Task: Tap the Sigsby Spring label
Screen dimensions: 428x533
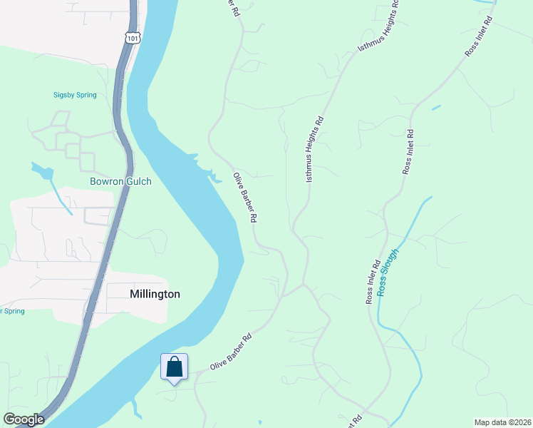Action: point(75,95)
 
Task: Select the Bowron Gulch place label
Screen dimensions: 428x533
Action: point(120,181)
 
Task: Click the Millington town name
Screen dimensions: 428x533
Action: point(155,294)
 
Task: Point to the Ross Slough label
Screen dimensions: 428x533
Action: point(390,272)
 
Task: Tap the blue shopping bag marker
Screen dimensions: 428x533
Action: point(174,368)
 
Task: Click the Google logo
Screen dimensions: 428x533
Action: point(24,419)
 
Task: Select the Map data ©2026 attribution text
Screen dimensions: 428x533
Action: point(502,422)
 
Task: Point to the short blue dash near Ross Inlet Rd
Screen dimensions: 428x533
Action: point(436,108)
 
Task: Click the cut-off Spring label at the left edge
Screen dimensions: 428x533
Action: point(12,311)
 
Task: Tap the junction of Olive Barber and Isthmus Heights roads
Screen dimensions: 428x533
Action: point(303,285)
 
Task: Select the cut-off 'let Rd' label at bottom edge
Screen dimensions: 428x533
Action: point(354,421)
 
